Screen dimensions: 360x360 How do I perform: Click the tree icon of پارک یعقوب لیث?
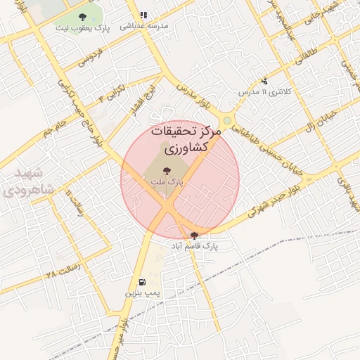click(x=83, y=17)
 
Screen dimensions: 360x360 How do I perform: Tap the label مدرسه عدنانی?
click(x=144, y=25)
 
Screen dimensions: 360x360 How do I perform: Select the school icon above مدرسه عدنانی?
click(x=144, y=15)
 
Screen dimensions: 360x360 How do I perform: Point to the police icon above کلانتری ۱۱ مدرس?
click(x=264, y=81)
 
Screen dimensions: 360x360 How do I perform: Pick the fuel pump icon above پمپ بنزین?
click(x=143, y=281)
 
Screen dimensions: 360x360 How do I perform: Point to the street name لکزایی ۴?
click(x=112, y=92)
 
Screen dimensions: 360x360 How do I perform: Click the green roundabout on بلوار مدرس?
click(x=227, y=122)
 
